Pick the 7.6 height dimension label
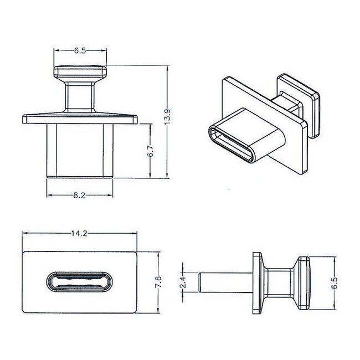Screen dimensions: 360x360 [159, 281]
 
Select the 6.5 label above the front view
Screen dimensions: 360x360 [80, 50]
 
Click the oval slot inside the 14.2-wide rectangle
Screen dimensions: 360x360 [79, 282]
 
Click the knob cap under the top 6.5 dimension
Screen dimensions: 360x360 [80, 73]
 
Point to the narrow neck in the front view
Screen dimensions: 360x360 [80, 96]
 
